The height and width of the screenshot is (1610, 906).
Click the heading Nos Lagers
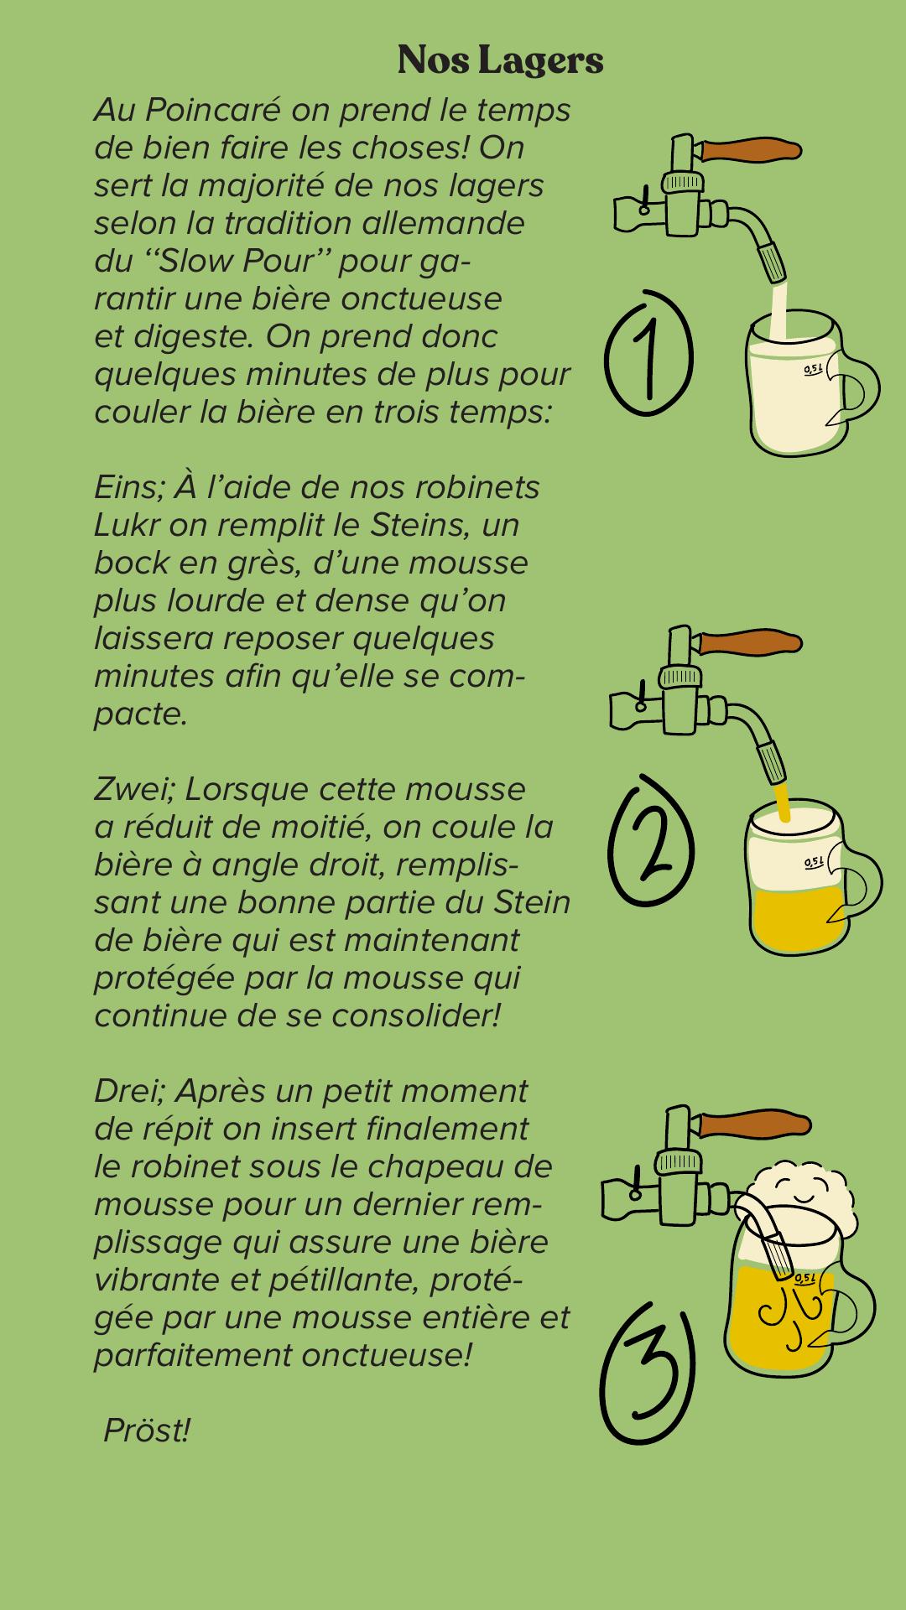pos(501,60)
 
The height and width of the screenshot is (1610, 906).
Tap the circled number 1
pos(649,352)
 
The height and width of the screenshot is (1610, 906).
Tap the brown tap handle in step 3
pos(753,1124)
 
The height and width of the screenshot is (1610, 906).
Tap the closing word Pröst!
pos(147,1431)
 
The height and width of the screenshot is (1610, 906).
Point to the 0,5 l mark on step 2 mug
pos(814,861)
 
